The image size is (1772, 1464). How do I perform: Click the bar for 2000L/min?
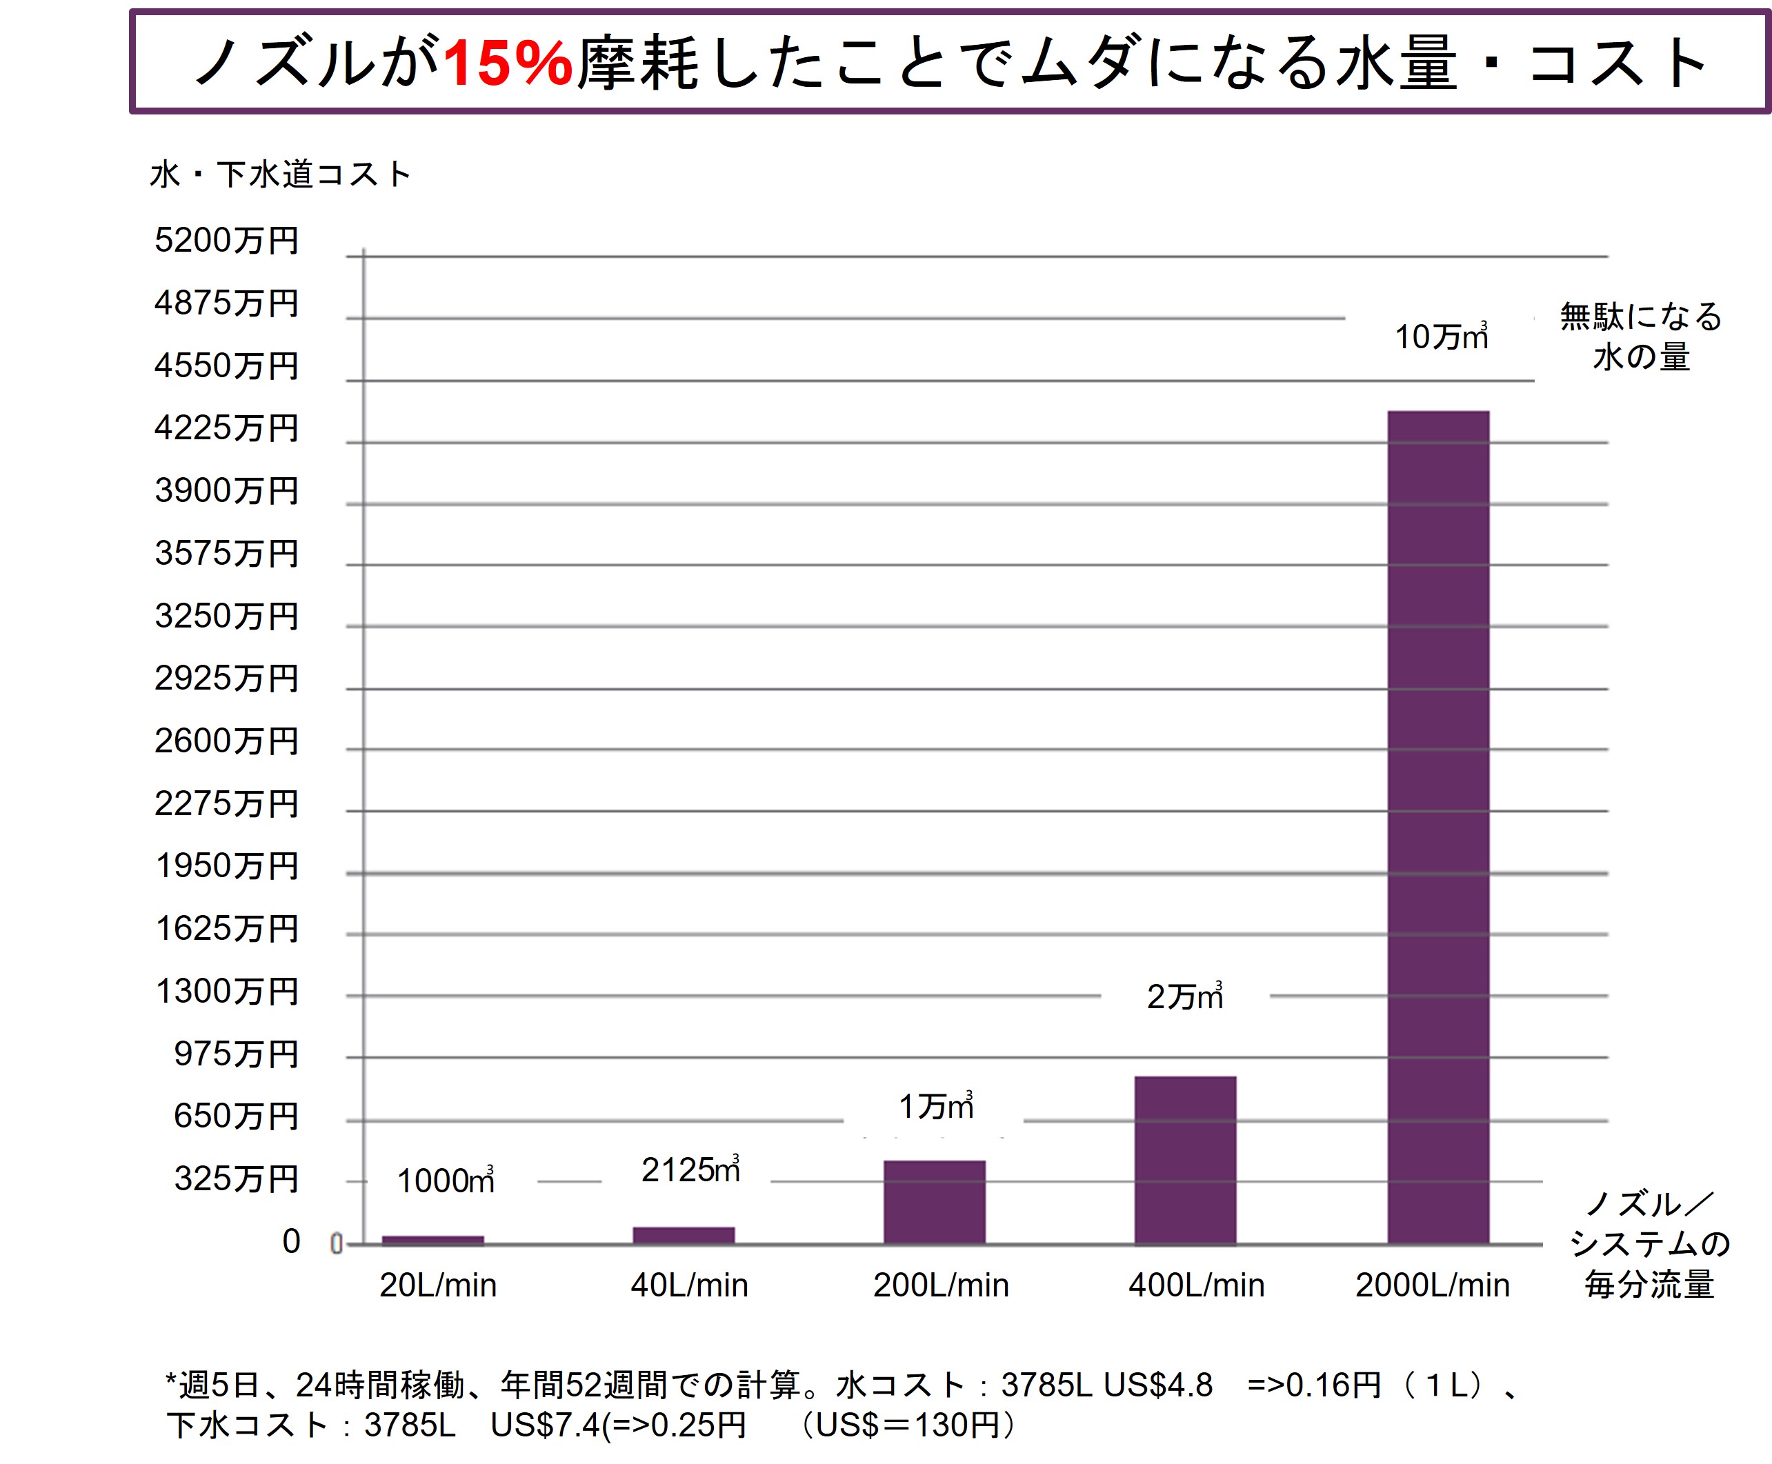click(1437, 826)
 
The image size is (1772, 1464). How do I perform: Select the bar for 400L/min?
click(1184, 1160)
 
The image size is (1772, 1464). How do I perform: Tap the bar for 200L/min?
click(934, 1202)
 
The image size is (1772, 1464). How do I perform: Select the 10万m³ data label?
click(1440, 337)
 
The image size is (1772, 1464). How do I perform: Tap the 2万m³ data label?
click(1184, 996)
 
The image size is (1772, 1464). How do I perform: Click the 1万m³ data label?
click(935, 1105)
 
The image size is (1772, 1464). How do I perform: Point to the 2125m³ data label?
click(690, 1170)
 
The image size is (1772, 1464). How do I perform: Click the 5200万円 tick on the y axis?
click(226, 241)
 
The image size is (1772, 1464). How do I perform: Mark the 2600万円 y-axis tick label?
click(226, 741)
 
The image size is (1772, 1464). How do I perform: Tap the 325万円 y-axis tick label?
click(236, 1178)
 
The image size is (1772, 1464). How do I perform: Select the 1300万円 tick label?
click(227, 991)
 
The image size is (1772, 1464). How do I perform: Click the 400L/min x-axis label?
click(1196, 1285)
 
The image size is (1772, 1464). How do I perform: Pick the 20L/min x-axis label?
click(438, 1285)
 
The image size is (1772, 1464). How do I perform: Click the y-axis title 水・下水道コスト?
click(280, 174)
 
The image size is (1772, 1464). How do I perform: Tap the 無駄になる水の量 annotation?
click(1640, 337)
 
